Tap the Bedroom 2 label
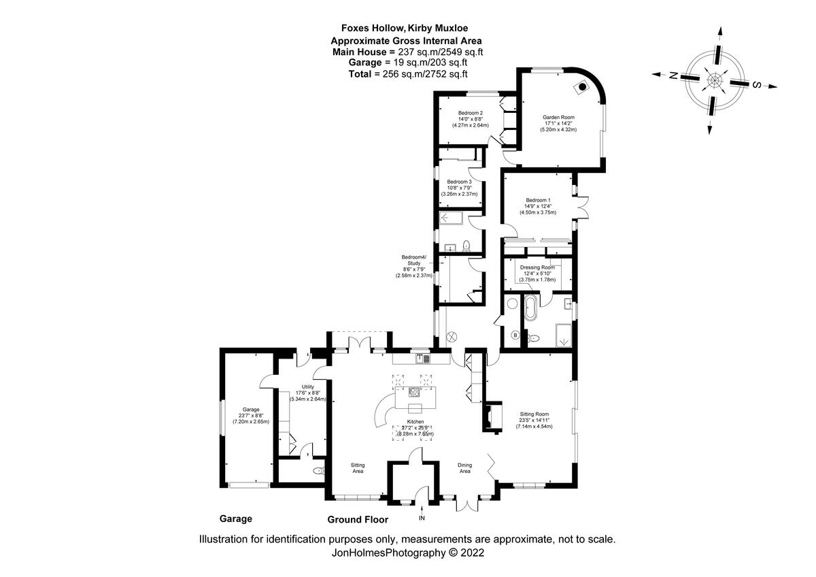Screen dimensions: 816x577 coord(471,113)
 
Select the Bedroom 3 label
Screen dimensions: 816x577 coord(459,182)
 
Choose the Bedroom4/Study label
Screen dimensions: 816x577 coord(414,259)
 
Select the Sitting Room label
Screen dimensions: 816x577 coord(534,414)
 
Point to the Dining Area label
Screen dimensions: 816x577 coord(465,467)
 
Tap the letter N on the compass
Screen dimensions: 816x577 coord(673,76)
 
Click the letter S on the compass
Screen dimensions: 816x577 coord(756,84)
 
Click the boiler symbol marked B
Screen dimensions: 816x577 coord(515,335)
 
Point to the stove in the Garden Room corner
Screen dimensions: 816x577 coord(583,86)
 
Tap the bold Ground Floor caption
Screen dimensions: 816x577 coord(358,520)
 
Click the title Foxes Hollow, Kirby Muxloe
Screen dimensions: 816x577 coord(407,29)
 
